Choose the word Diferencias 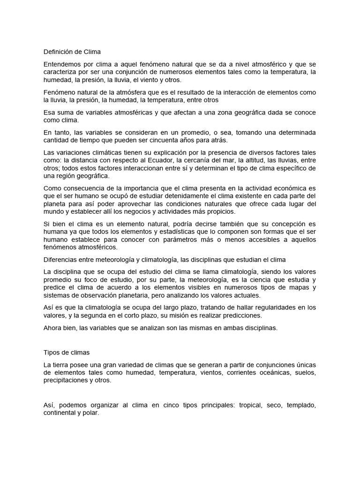pos(61,259)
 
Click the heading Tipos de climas pos(66,352)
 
